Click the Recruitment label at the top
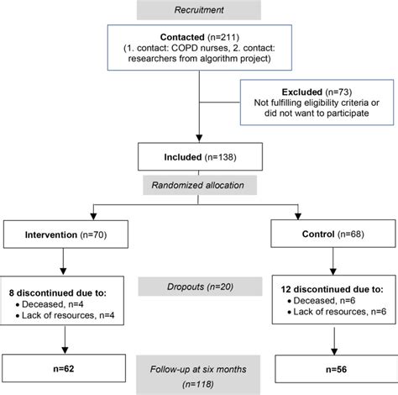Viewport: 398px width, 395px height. pos(198,10)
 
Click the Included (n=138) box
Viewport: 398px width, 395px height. pos(198,155)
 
